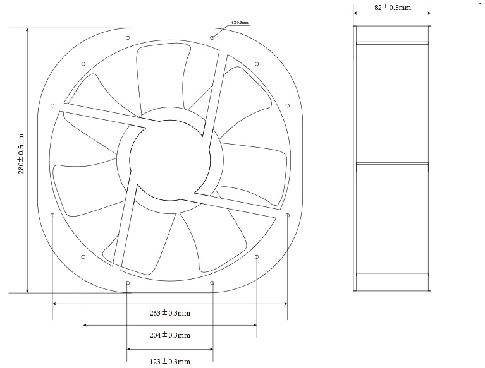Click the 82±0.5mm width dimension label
(x=392, y=8)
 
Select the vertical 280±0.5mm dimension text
(x=21, y=154)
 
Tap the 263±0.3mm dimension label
(x=169, y=312)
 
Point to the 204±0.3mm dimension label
(x=169, y=335)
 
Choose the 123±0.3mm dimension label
(x=169, y=361)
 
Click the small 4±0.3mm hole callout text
(x=240, y=23)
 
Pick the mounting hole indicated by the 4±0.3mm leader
(x=212, y=38)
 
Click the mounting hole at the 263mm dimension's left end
(x=52, y=215)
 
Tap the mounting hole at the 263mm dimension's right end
(x=288, y=215)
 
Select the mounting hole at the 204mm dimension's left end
(x=83, y=256)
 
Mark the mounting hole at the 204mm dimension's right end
(x=257, y=256)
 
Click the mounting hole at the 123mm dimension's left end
(x=128, y=283)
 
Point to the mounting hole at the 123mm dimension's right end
(x=212, y=283)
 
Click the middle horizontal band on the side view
(x=392, y=167)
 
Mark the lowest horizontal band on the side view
(x=392, y=275)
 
